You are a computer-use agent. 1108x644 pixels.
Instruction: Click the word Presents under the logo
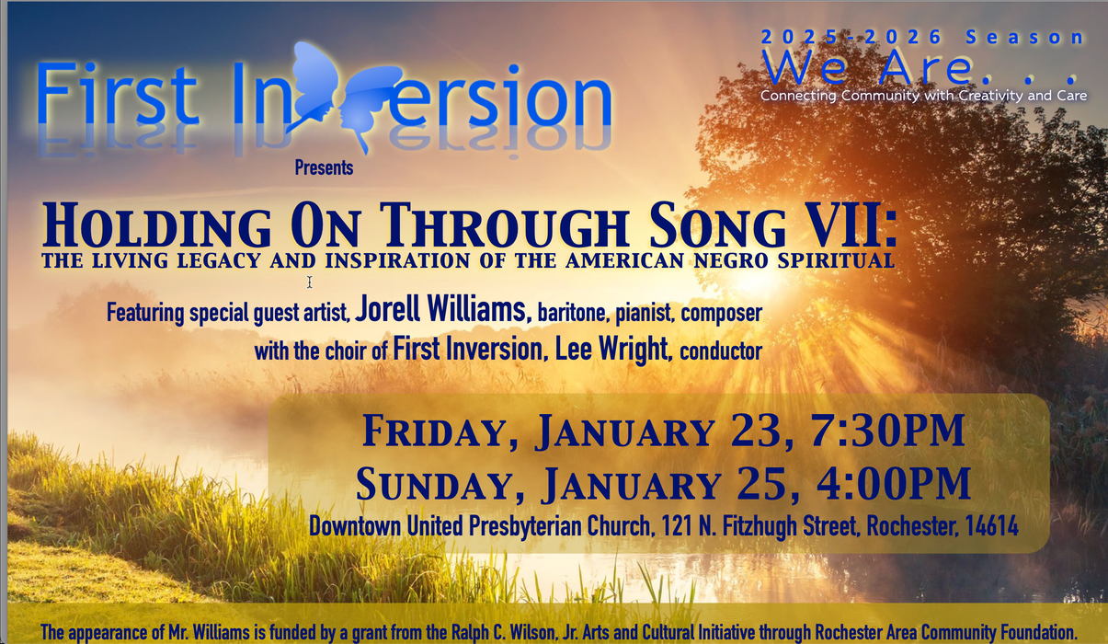324,167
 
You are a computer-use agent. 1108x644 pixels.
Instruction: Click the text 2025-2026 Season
922,38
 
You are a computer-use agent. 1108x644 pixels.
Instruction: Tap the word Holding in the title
157,226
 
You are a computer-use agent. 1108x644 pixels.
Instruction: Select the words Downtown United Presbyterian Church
479,526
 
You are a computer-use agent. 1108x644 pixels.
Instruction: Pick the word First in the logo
118,95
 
